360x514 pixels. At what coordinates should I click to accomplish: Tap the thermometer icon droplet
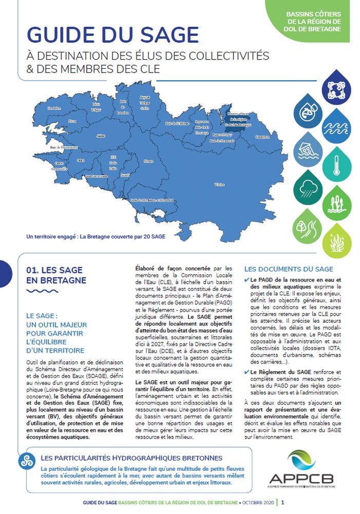pyautogui.click(x=337, y=163)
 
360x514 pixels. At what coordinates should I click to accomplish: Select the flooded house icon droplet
pyautogui.click(x=308, y=149)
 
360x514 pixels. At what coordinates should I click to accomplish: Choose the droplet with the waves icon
pyautogui.click(x=337, y=125)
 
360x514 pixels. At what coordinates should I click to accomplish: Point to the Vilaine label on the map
pyautogui.click(x=219, y=183)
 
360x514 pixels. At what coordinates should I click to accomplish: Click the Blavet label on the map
pyautogui.click(x=148, y=161)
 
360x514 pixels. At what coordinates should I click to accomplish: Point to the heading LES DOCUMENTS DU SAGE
pyautogui.click(x=288, y=269)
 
